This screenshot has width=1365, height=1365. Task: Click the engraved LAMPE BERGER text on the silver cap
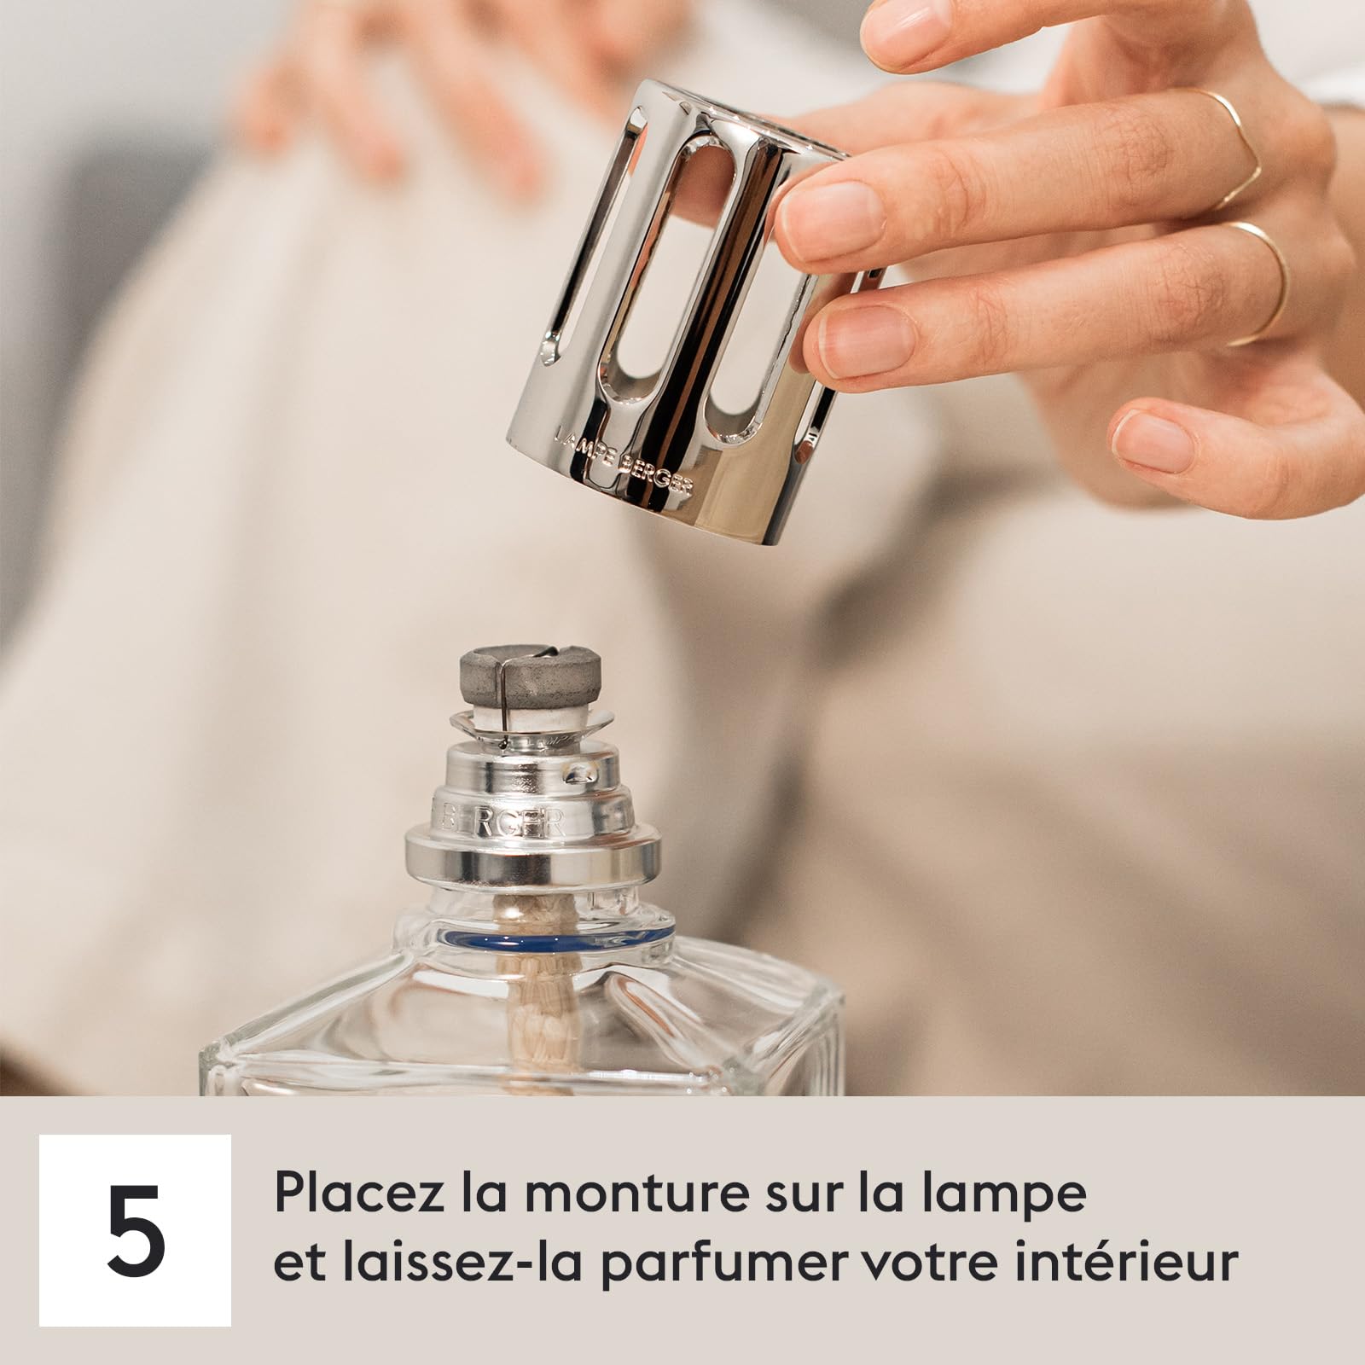624,462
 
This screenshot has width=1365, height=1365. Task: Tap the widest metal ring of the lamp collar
533,857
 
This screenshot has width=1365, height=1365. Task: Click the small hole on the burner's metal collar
583,773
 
